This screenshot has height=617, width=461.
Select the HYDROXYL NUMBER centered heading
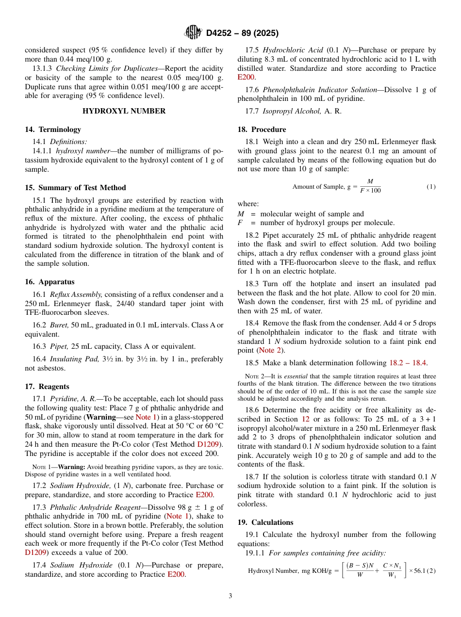124,111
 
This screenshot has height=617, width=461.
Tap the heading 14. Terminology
53,130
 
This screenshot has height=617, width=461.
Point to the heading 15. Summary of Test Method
75,188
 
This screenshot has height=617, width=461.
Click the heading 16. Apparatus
50,282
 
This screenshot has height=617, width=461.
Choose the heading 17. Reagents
47,387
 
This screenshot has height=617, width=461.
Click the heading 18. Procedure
262,130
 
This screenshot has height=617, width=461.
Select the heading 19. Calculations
265,522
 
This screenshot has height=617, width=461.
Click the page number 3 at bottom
230,596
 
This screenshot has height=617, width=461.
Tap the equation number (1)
431,187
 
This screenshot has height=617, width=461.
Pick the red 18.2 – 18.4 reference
408,363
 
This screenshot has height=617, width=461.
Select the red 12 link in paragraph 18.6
306,419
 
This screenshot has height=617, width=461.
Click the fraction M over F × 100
370,186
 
